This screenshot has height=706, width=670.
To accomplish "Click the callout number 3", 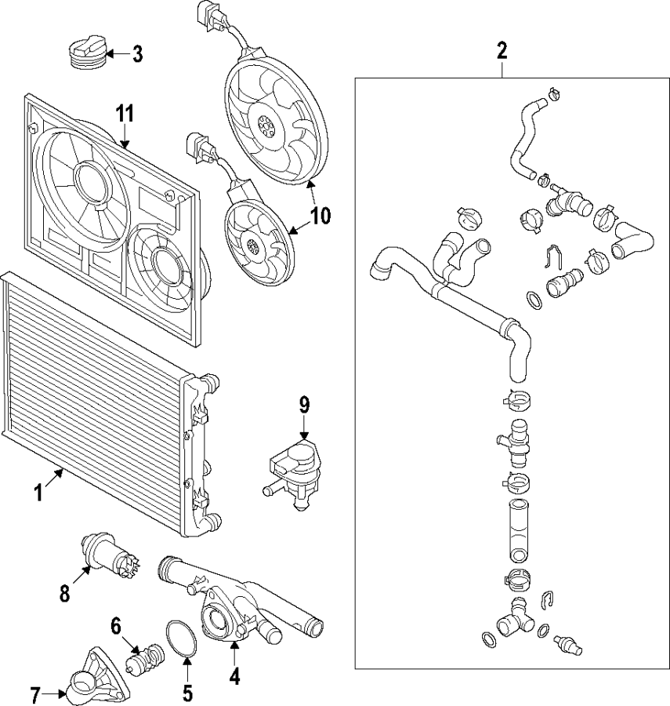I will click(137, 54).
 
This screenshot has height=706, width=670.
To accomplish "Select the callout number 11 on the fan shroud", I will click(125, 113).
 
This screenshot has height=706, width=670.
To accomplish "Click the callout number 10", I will click(321, 216).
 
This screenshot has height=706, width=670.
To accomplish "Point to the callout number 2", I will click(502, 52).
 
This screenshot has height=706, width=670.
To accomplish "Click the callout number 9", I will click(304, 405).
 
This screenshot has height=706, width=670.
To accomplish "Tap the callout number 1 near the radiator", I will click(37, 493).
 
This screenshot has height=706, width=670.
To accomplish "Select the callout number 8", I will click(64, 592).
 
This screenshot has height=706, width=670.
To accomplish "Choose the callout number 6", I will click(115, 625).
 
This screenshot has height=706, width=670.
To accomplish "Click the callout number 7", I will click(35, 694).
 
